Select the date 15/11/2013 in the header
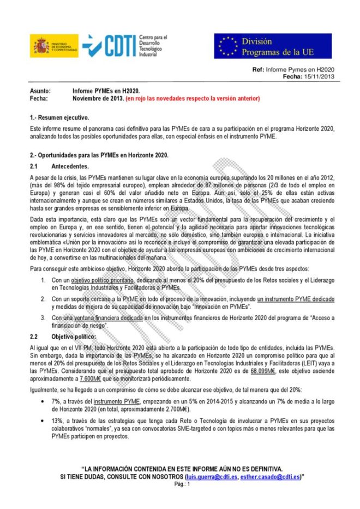pyautogui.click(x=318, y=77)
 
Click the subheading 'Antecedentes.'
pyautogui.click(x=69, y=165)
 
